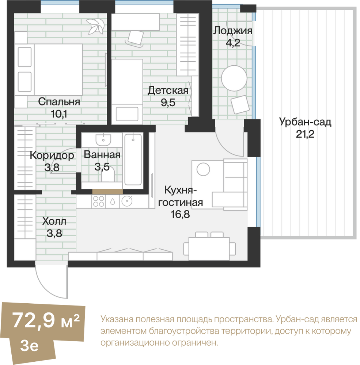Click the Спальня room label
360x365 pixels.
[x=59, y=102]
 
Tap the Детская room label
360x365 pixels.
[x=168, y=90]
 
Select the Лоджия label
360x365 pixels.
[x=233, y=31]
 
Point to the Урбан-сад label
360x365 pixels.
[x=305, y=122]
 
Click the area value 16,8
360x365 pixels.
[x=181, y=214]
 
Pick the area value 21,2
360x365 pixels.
[x=305, y=134]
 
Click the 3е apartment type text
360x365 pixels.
[x=29, y=345]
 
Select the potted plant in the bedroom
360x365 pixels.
[x=95, y=26]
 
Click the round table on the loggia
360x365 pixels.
[x=234, y=78]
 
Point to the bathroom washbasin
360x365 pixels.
[x=103, y=140]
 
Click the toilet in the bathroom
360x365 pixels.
[x=108, y=175]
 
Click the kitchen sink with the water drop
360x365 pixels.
[x=113, y=201]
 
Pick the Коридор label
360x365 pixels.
[x=52, y=155]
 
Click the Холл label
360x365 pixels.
[x=54, y=222]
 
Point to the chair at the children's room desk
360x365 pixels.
[x=135, y=38]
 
